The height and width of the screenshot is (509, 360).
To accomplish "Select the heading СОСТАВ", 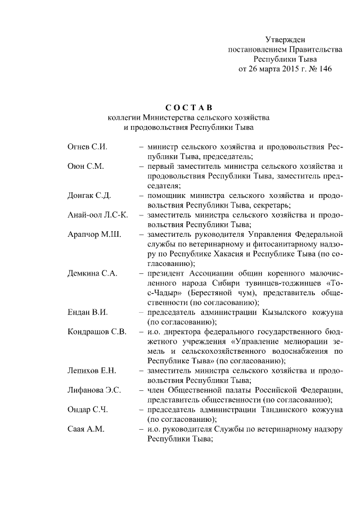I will click(188, 107).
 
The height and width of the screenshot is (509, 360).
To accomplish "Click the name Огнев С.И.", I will click(87, 147).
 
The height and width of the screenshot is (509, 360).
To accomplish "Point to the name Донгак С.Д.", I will click(88, 196).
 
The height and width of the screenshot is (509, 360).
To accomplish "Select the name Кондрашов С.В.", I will click(96, 331).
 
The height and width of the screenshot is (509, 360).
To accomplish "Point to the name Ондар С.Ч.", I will click(87, 409).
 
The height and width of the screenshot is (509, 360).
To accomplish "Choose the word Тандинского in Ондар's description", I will click(278, 409).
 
